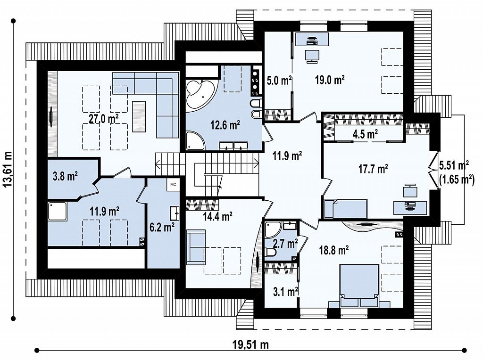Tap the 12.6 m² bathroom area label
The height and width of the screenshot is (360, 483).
pyautogui.click(x=225, y=125)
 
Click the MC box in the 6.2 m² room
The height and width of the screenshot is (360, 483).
pyautogui.click(x=173, y=185)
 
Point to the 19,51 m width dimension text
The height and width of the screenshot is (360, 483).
pyautogui.click(x=250, y=344)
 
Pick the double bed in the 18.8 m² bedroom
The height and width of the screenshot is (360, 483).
pyautogui.click(x=359, y=285)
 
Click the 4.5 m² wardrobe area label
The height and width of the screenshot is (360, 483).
pyautogui.click(x=366, y=134)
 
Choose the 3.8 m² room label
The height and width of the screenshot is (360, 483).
pyautogui.click(x=65, y=176)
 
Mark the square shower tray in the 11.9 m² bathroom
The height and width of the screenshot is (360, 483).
pyautogui.click(x=57, y=211)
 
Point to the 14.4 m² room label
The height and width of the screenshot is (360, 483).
pyautogui.click(x=217, y=216)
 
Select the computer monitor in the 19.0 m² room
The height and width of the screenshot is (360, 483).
pyautogui.click(x=312, y=56)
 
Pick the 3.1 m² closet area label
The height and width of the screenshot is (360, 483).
pyautogui.click(x=286, y=291)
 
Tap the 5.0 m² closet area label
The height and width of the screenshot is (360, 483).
pyautogui.click(x=279, y=81)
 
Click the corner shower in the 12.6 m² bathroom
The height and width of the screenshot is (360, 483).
pyautogui.click(x=195, y=141)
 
